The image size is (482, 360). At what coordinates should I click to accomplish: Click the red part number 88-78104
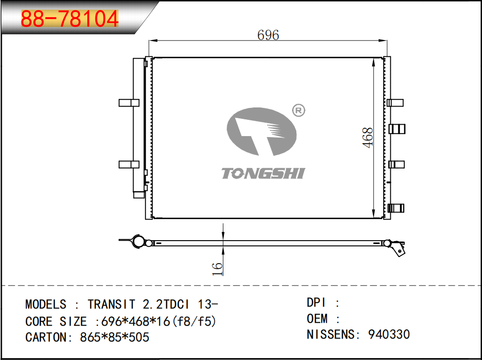coord(70,19)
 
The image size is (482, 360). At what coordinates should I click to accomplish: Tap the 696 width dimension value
coord(268,35)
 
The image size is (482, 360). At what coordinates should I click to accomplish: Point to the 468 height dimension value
coord(367,138)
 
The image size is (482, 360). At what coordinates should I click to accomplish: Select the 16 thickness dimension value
coord(217,269)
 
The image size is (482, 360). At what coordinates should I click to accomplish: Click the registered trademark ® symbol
coord(298,110)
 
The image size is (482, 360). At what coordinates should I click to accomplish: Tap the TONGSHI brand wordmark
coord(263,173)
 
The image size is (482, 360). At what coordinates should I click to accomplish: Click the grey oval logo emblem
coord(262,132)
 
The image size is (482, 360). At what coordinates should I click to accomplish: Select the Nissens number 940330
coord(389,334)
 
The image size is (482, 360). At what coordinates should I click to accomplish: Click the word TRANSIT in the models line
coord(111,304)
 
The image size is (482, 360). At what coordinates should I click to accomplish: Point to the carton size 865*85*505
coord(115,337)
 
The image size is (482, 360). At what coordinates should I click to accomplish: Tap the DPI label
coord(316,303)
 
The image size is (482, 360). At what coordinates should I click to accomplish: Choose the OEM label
coord(317,319)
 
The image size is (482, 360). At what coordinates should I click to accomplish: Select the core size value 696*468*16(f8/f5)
coord(158,322)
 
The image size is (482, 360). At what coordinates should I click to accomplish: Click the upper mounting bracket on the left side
coord(129,103)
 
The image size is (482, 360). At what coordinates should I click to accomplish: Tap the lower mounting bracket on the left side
coord(129,164)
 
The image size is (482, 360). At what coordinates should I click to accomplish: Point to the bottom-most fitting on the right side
coord(396,208)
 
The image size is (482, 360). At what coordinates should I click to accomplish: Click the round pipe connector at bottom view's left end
coord(137,241)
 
